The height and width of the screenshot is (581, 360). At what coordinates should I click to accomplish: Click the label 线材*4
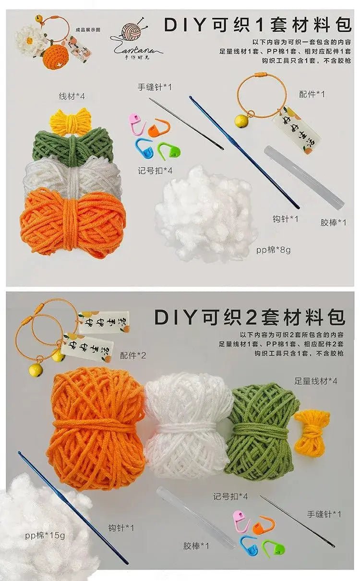click(72, 97)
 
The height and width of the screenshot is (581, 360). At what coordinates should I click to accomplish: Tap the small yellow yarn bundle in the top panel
click(71, 120)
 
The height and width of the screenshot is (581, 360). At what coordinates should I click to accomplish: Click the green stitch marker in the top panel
click(168, 151)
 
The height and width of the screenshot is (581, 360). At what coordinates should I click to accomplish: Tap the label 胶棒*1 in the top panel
click(333, 222)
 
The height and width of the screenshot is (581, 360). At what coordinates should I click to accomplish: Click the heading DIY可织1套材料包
click(257, 25)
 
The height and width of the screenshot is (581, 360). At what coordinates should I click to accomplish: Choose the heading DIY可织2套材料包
click(250, 317)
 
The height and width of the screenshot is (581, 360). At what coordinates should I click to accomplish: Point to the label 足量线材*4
click(316, 381)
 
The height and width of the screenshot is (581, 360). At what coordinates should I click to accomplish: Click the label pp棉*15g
click(45, 535)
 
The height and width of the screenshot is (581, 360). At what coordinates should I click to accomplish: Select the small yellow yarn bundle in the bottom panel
click(312, 432)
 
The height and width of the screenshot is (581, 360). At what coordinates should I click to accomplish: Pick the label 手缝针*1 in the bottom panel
click(324, 514)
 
